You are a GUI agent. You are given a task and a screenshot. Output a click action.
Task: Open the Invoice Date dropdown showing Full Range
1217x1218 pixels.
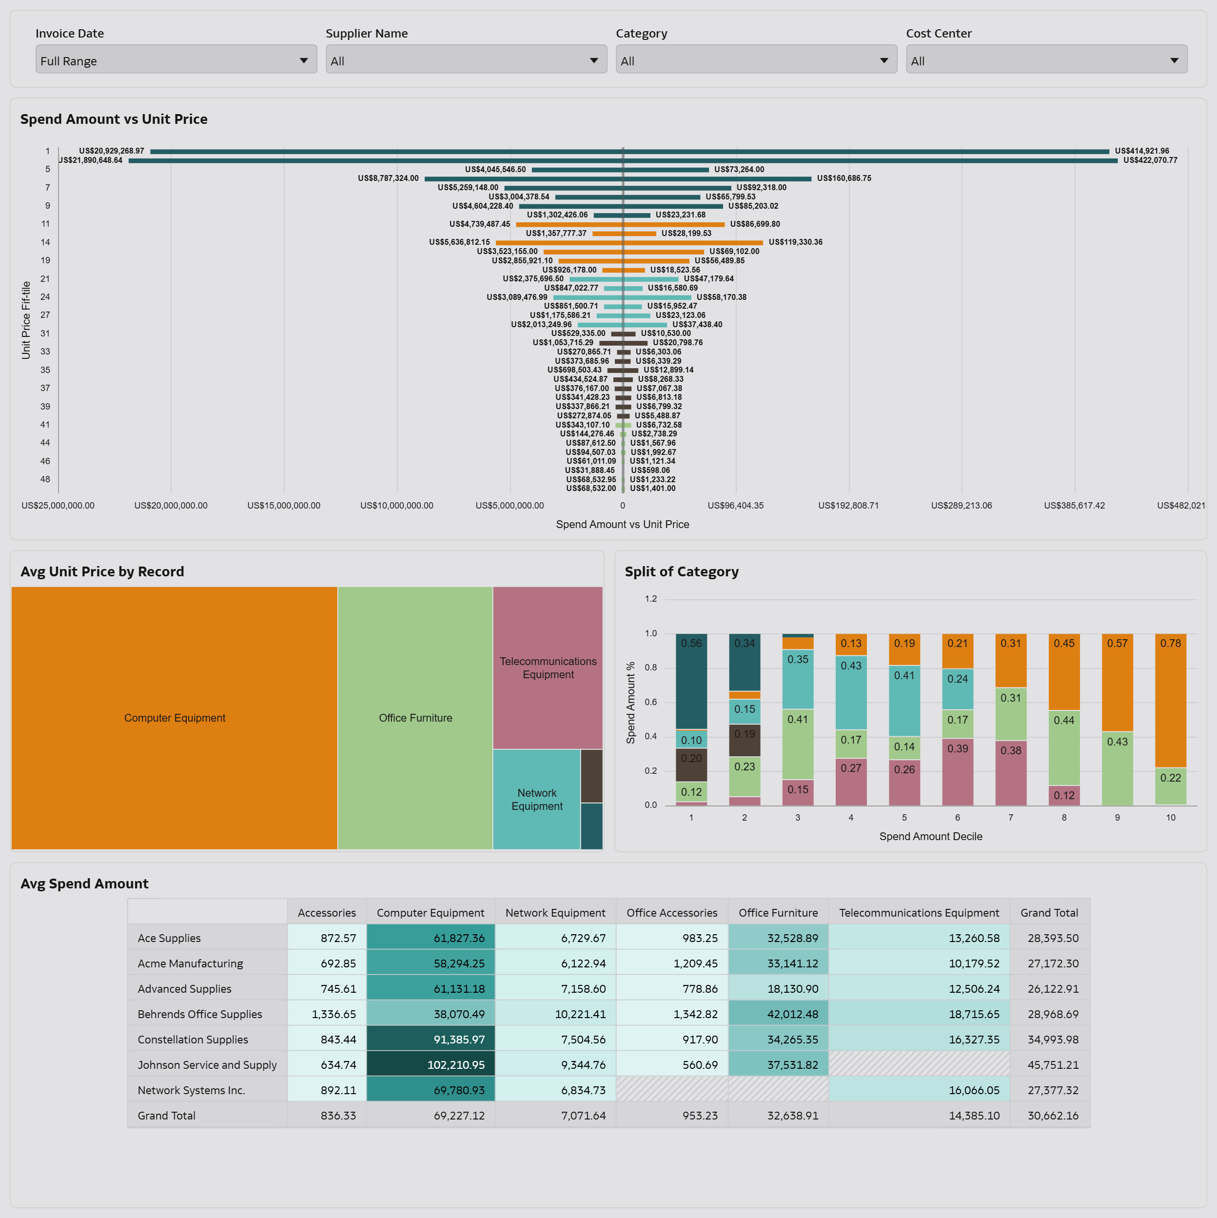176,60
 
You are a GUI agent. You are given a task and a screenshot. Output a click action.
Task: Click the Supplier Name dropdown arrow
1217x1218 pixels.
593,60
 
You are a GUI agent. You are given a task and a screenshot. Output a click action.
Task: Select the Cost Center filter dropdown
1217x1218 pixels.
1046,60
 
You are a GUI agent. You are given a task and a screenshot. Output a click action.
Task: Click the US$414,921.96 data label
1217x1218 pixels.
1141,151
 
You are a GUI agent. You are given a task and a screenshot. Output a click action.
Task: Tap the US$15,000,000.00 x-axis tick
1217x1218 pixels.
284,506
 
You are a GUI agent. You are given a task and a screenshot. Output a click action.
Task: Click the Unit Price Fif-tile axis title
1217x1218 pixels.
26,320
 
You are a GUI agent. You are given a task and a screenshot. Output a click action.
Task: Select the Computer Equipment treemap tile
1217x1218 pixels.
174,718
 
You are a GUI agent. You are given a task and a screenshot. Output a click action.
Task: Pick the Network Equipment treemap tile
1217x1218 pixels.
537,799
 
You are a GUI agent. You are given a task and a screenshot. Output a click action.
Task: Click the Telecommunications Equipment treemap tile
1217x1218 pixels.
548,668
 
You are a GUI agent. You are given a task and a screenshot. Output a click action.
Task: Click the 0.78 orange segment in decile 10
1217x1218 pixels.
1170,700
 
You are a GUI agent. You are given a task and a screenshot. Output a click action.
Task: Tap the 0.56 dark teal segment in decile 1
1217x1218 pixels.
691,681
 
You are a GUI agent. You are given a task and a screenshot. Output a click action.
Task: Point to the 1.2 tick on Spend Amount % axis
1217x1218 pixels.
651,599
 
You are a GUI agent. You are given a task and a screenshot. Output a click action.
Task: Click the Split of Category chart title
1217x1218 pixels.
682,572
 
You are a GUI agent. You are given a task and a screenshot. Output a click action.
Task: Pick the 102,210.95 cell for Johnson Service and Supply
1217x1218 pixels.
431,1065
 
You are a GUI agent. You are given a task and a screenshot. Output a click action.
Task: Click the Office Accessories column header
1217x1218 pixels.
671,913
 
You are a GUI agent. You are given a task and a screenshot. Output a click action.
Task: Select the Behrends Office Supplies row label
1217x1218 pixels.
200,1014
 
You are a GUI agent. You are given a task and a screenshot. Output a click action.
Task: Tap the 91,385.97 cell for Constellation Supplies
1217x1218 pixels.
431,1040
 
